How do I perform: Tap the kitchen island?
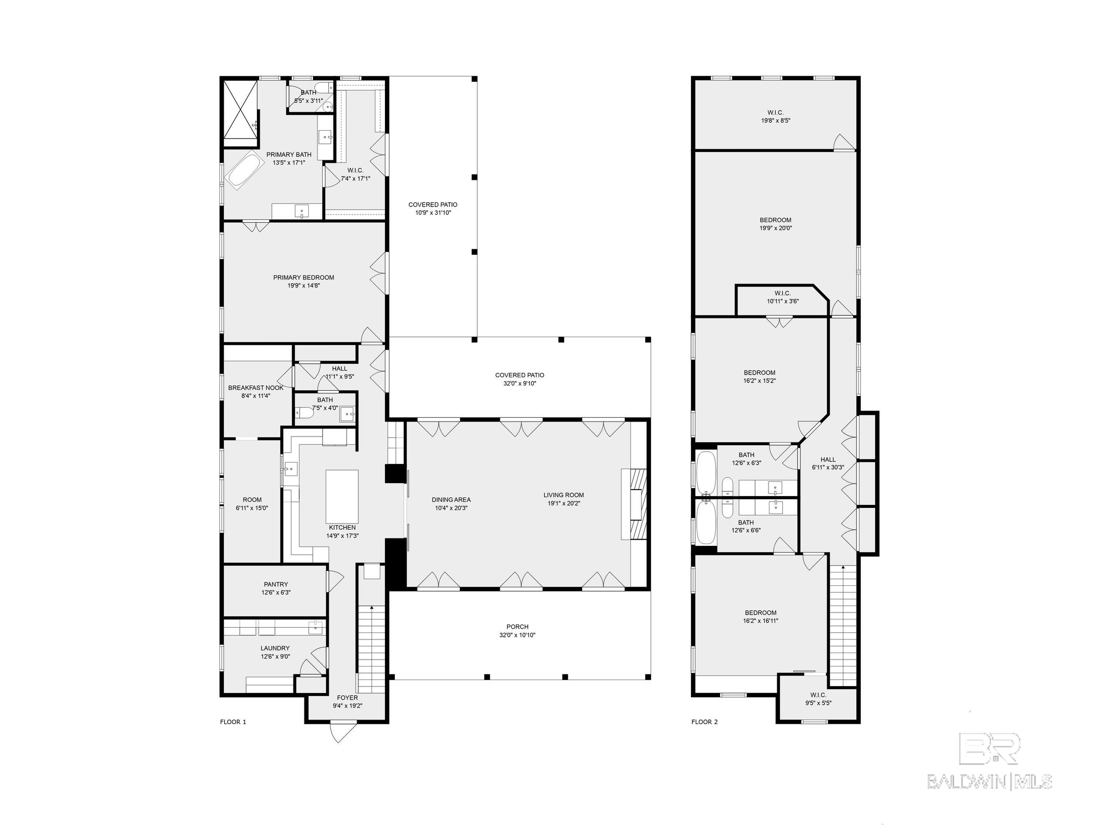click(342, 496)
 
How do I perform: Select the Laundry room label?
click(275, 648)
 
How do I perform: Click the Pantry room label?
click(276, 585)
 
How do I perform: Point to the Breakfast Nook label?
click(256, 388)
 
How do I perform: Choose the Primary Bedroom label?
click(303, 277)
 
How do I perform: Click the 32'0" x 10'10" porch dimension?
click(517, 635)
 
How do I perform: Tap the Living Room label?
click(563, 495)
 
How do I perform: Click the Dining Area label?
click(451, 500)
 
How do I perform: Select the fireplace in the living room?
click(634, 504)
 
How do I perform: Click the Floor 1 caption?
click(233, 722)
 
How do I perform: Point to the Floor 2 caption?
click(705, 722)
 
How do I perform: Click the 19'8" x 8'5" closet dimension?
click(775, 120)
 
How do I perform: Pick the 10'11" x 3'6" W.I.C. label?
click(782, 297)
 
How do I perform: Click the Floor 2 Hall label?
click(828, 459)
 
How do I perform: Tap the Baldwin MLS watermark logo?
click(989, 761)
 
